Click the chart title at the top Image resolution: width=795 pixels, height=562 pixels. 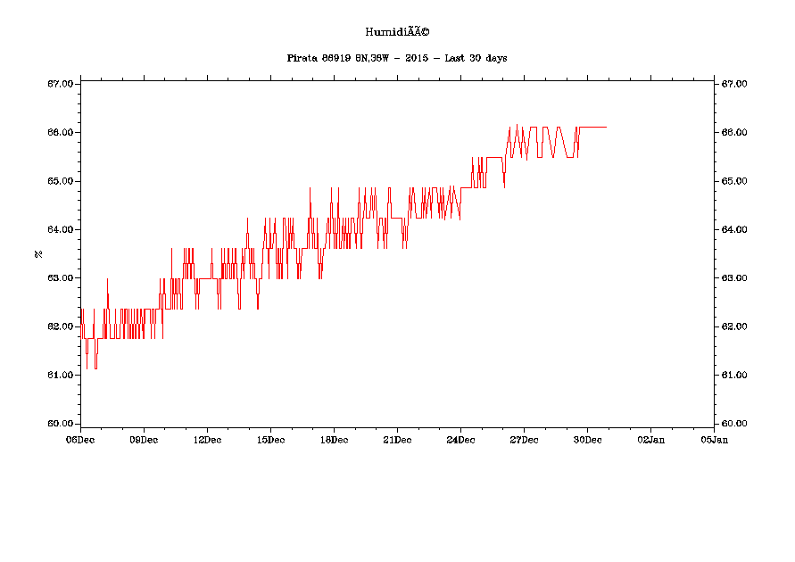click(x=397, y=32)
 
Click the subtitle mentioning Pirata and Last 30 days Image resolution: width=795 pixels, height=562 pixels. click(x=397, y=58)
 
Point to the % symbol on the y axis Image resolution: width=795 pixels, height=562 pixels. click(x=38, y=253)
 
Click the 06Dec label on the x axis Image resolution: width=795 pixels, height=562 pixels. click(x=80, y=439)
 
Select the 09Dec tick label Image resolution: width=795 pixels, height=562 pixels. click(x=144, y=439)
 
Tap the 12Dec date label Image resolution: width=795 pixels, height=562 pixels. click(x=207, y=439)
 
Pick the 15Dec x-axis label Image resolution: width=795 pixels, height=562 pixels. click(x=270, y=439)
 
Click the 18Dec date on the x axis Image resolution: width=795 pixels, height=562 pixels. click(x=334, y=439)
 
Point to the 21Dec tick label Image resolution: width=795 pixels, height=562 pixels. click(x=397, y=439)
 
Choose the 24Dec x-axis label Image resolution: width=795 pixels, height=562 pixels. click(x=460, y=439)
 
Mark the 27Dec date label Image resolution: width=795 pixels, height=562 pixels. click(x=524, y=439)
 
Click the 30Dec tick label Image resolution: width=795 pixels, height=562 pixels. click(x=587, y=439)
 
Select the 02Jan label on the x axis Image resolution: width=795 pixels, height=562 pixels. click(x=650, y=439)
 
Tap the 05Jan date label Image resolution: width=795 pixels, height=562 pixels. click(x=714, y=439)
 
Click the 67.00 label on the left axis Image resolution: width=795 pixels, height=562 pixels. click(x=61, y=84)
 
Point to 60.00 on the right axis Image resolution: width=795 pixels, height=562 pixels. click(x=734, y=423)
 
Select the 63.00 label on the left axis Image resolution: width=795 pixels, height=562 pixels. click(x=61, y=277)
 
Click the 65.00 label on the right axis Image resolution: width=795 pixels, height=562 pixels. click(x=734, y=181)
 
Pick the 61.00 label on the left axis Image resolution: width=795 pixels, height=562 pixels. click(x=61, y=375)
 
